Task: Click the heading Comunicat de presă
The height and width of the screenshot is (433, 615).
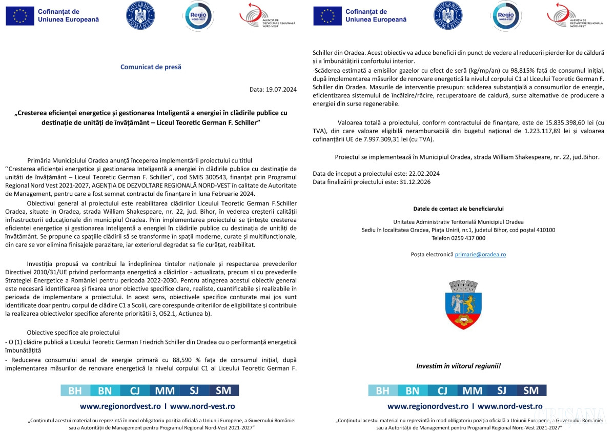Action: pyautogui.click(x=151, y=67)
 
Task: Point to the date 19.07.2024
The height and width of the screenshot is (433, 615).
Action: pyautogui.click(x=281, y=89)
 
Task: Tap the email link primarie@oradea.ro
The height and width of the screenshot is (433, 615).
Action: pyautogui.click(x=480, y=254)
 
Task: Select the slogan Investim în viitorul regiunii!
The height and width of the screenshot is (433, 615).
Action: pyautogui.click(x=458, y=366)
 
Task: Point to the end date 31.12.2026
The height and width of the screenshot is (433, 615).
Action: pyautogui.click(x=414, y=181)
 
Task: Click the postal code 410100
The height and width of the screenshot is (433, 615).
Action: pyautogui.click(x=543, y=230)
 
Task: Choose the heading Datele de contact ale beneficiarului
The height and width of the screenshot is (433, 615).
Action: pyautogui.click(x=458, y=209)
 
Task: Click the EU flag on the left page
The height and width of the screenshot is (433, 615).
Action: pyautogui.click(x=20, y=16)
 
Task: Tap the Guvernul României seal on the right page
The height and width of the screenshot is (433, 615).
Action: pyautogui.click(x=448, y=15)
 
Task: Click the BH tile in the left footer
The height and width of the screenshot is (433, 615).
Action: pyautogui.click(x=75, y=390)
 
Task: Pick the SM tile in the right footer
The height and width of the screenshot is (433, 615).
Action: pyautogui.click(x=531, y=390)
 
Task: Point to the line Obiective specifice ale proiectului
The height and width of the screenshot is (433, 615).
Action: pyautogui.click(x=73, y=332)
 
